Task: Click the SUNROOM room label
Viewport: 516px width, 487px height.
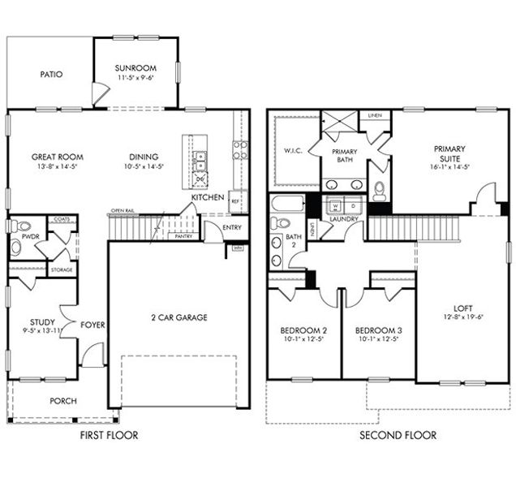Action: [135, 68]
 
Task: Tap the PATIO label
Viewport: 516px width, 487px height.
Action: [51, 75]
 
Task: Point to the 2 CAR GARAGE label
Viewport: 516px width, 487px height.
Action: [178, 317]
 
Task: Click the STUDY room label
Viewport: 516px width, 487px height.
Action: [42, 322]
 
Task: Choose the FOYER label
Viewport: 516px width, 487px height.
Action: [92, 325]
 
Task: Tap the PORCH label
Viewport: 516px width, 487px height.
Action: [63, 400]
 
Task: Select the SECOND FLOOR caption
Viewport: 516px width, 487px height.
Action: [398, 436]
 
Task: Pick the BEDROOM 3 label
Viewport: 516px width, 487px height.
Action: [378, 331]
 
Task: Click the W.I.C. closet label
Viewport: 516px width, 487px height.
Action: [293, 149]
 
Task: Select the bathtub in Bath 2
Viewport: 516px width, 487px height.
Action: [286, 204]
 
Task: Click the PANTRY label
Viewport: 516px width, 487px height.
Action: [184, 236]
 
